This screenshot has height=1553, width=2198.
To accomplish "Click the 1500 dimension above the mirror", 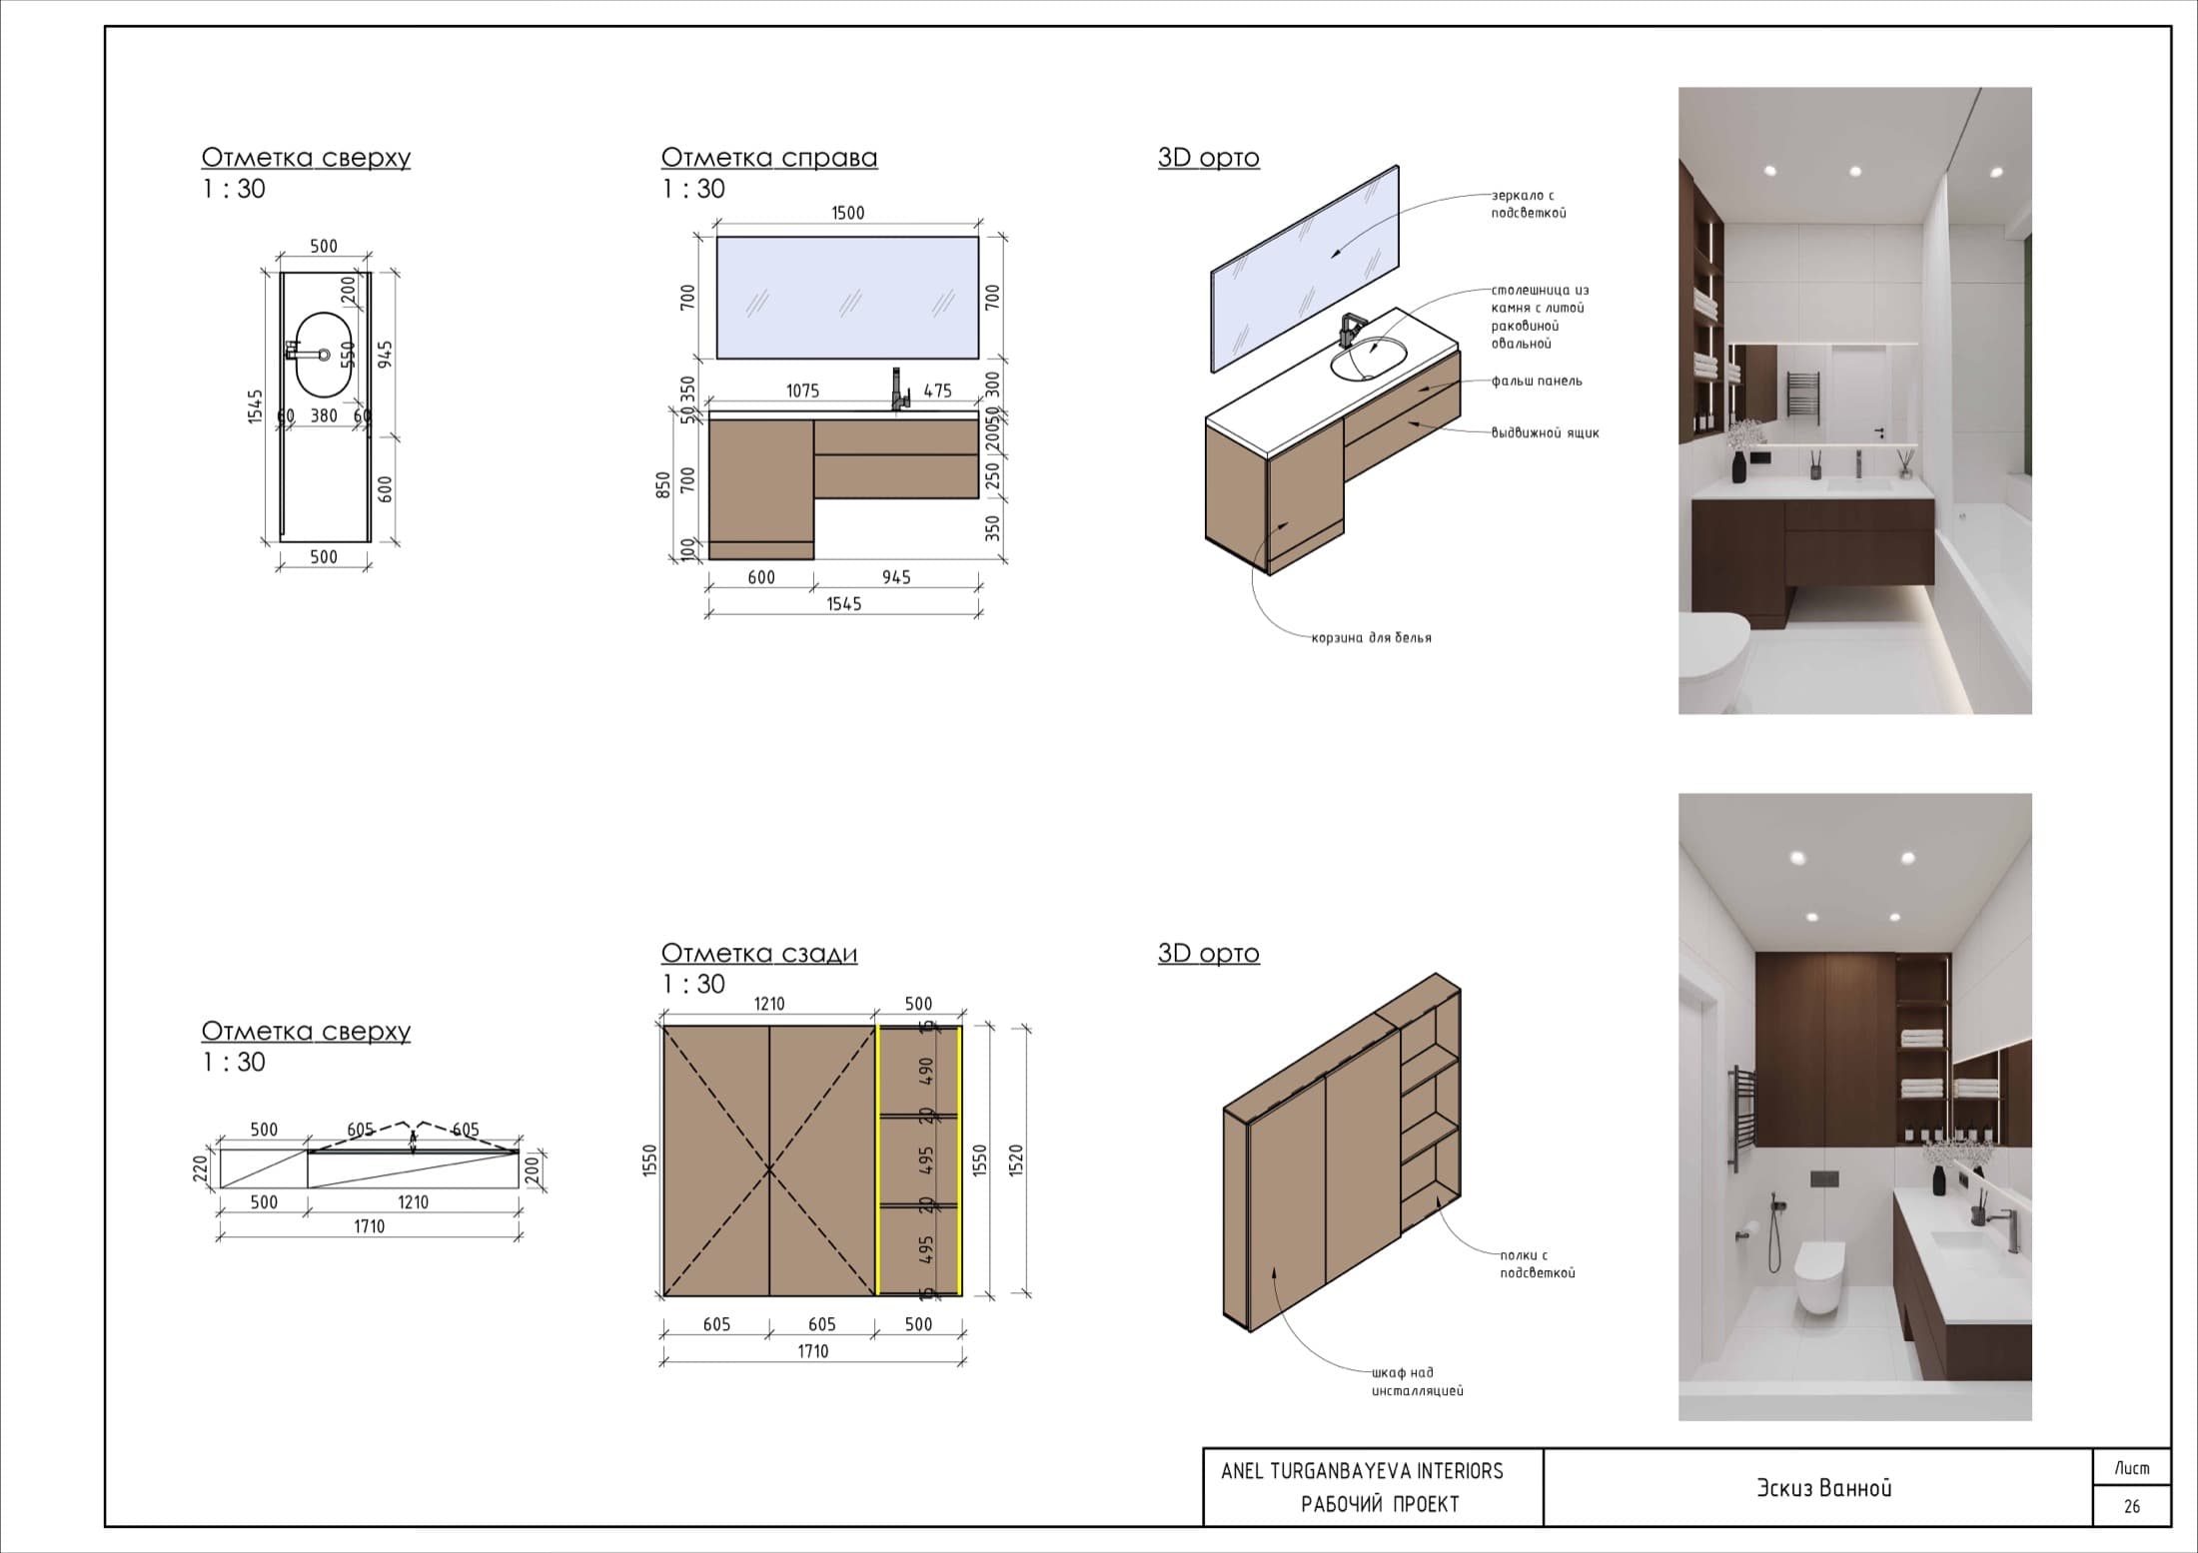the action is point(848,213).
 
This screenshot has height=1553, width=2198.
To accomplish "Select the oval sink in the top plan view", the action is point(325,355).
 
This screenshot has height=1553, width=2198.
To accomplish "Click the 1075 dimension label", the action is point(803,390).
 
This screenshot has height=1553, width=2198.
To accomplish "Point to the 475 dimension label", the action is point(937,390).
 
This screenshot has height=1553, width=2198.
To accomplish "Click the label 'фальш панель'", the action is point(1537,381).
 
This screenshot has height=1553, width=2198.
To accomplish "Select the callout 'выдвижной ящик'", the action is point(1545,433).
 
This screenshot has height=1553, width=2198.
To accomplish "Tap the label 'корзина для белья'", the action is point(1372,637).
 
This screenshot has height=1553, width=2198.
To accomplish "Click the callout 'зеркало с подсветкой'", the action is point(1529,204).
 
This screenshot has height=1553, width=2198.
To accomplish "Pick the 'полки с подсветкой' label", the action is point(1538,1263).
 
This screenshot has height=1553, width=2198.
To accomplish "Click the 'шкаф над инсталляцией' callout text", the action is point(1417,1381).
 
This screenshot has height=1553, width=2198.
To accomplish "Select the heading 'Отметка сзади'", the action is point(759,953).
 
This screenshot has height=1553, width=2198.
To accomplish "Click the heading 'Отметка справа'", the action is point(769,158).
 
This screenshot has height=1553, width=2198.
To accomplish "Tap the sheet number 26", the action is point(2132,1506).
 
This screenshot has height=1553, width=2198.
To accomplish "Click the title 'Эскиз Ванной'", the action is point(1824,1487).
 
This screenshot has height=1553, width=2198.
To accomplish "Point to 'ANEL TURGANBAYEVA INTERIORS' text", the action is point(1362,1470).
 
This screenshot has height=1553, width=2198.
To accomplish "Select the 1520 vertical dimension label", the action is point(1017,1161).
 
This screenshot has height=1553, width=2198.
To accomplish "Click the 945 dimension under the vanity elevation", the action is point(896,577).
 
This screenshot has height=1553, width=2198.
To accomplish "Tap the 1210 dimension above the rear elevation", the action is point(769,1004).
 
